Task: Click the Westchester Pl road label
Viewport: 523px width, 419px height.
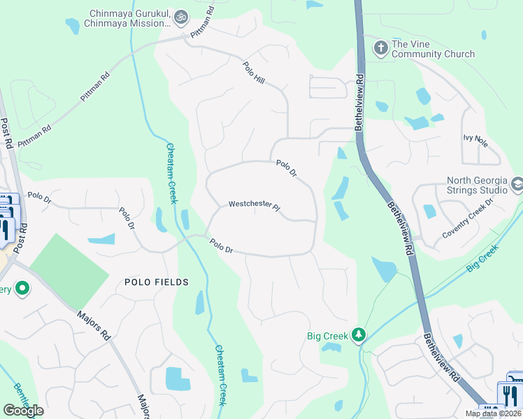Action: coord(254,206)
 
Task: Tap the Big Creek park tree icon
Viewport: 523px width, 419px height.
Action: coord(359,335)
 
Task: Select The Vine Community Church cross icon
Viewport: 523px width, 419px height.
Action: coord(380,48)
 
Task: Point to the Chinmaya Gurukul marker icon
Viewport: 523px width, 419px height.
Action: coord(181,16)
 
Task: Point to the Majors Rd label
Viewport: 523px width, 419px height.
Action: coord(94,325)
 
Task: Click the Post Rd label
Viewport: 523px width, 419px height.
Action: coord(7,133)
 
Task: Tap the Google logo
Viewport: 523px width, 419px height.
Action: coord(23,410)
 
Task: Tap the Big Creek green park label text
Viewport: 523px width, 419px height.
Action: coord(327,336)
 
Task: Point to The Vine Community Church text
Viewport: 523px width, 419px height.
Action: coord(433,49)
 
